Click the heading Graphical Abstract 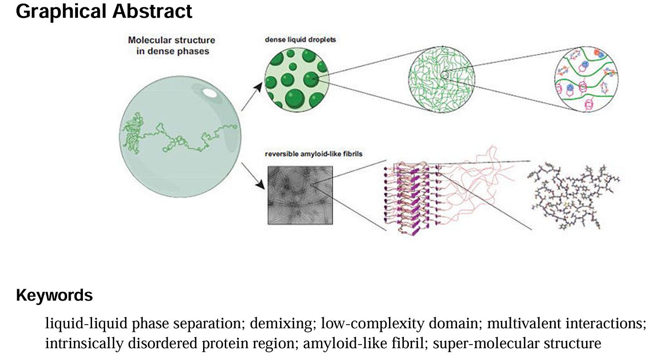point(104,11)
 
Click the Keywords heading point(54,295)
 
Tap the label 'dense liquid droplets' point(300,40)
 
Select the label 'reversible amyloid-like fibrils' point(314,154)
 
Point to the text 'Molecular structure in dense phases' point(171,45)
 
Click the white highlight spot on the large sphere point(209,92)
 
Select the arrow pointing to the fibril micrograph point(253,176)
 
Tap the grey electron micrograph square point(300,195)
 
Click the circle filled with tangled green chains point(442,79)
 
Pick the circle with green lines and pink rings point(587,79)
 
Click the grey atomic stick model point(573,196)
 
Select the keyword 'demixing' point(281,323)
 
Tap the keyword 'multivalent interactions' point(564,323)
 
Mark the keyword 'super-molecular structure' point(517,344)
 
